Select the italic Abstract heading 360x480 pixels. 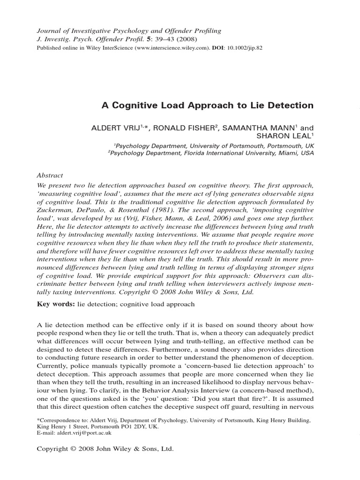click(x=50, y=175)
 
